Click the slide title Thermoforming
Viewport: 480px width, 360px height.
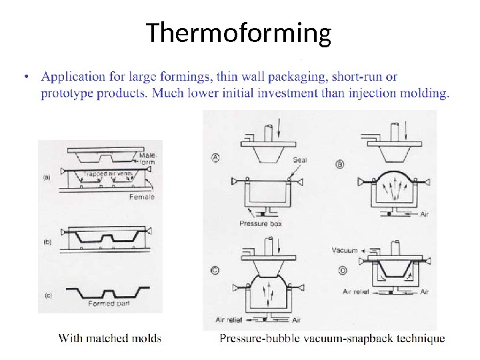[239, 33]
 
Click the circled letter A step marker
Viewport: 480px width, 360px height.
[215, 158]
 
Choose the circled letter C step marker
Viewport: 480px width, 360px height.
[215, 270]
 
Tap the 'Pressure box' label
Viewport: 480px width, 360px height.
[261, 224]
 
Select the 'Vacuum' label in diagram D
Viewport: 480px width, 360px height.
[345, 251]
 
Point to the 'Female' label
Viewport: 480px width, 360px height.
[142, 197]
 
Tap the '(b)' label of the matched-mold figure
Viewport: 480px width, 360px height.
[47, 243]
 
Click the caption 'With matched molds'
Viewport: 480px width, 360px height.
[110, 338]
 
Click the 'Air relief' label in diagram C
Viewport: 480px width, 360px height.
[229, 319]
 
